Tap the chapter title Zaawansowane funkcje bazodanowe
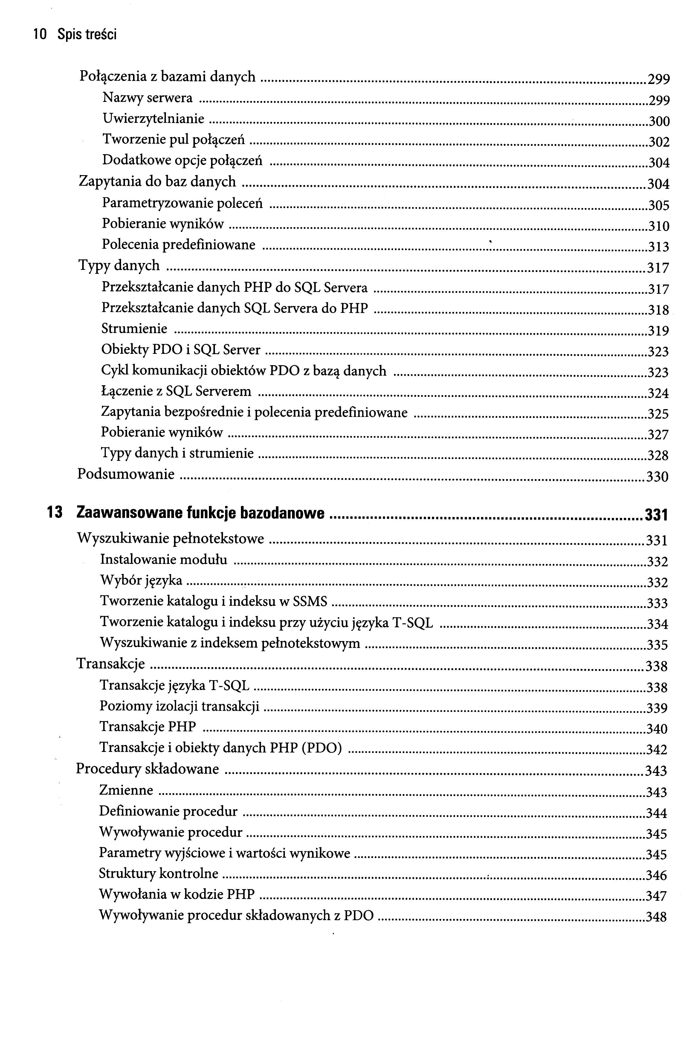[x=200, y=513]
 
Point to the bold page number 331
[x=656, y=515]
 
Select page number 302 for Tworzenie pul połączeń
[x=658, y=142]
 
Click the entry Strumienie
[x=135, y=328]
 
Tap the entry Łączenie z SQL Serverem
[x=176, y=391]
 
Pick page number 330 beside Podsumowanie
[x=657, y=477]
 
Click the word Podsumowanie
[x=126, y=474]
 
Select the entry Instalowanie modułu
[x=164, y=559]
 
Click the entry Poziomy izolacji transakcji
[x=179, y=706]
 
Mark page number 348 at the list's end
[x=656, y=917]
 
